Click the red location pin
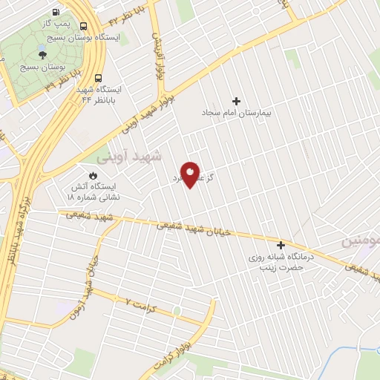pyautogui.click(x=191, y=174)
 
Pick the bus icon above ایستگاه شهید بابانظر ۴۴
pyautogui.click(x=98, y=77)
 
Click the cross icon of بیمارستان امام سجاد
pyautogui.click(x=237, y=101)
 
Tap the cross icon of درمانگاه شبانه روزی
pyautogui.click(x=281, y=245)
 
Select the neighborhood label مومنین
pyautogui.click(x=361, y=242)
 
